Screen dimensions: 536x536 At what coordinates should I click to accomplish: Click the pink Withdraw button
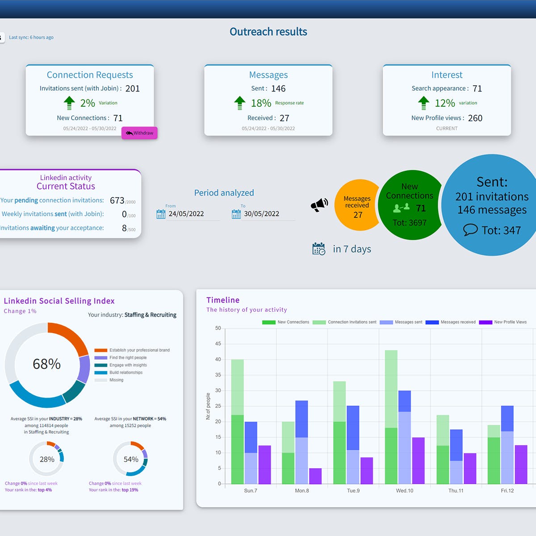pyautogui.click(x=139, y=133)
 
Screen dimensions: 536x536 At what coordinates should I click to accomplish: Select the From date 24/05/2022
pyautogui.click(x=186, y=214)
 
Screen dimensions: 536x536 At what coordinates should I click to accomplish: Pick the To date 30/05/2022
pyautogui.click(x=261, y=214)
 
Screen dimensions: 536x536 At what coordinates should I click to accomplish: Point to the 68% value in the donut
pyautogui.click(x=46, y=364)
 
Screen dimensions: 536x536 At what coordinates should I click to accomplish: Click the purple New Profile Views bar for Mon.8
pyautogui.click(x=315, y=476)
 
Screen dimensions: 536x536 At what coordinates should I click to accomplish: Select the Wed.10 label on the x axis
pyautogui.click(x=404, y=490)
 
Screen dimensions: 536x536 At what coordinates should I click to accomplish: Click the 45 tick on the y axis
pyautogui.click(x=218, y=344)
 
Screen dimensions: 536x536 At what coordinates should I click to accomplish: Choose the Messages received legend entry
pyautogui.click(x=451, y=322)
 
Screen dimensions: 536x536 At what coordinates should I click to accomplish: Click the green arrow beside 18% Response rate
pyautogui.click(x=240, y=103)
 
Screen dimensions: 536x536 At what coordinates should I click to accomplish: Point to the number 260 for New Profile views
pyautogui.click(x=475, y=118)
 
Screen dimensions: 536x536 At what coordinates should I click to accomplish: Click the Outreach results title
pyautogui.click(x=268, y=32)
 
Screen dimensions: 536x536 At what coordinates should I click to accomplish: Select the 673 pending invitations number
pyautogui.click(x=117, y=201)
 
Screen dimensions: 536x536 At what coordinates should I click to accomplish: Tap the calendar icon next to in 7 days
pyautogui.click(x=319, y=249)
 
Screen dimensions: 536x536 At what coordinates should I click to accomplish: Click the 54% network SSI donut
pyautogui.click(x=130, y=459)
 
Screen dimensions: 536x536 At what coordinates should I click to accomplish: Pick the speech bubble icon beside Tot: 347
pyautogui.click(x=470, y=230)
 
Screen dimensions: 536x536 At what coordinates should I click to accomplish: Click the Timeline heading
pyautogui.click(x=223, y=300)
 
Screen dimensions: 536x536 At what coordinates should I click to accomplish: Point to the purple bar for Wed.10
pyautogui.click(x=418, y=461)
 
